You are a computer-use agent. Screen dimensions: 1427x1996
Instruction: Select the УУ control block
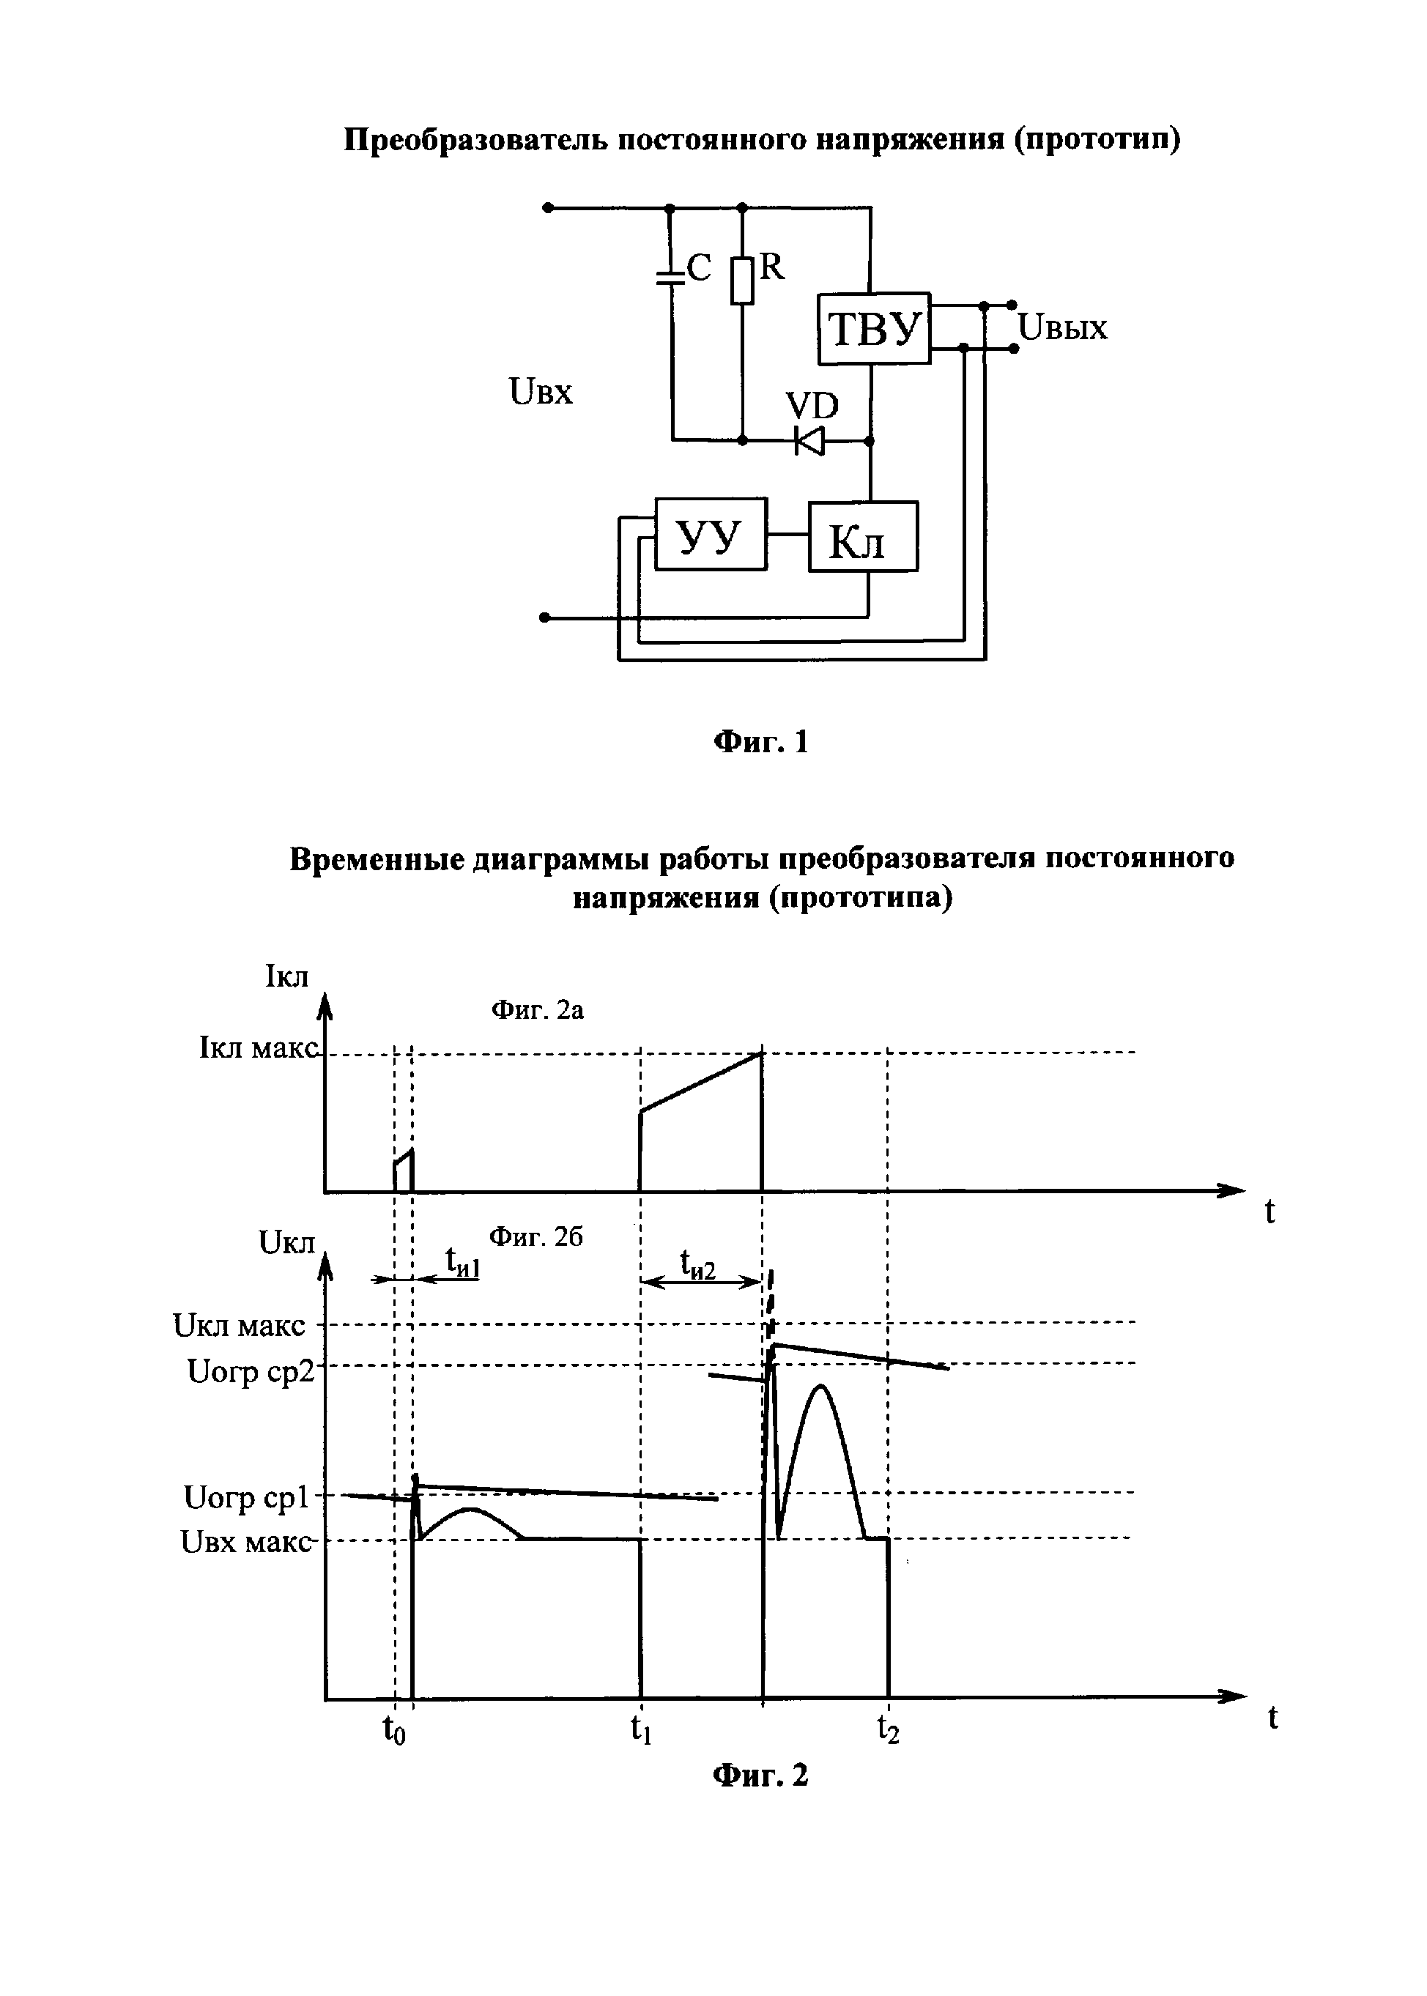point(711,534)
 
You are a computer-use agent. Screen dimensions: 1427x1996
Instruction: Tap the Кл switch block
point(863,537)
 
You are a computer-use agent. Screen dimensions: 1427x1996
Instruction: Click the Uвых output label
point(1063,329)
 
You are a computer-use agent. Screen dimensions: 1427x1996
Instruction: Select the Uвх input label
point(541,391)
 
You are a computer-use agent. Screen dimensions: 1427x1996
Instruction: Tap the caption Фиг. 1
point(761,742)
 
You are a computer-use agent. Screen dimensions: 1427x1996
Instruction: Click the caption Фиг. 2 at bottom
point(761,1776)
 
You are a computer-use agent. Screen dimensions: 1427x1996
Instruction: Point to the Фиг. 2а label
point(537,1010)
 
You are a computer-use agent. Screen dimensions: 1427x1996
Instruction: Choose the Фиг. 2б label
point(536,1237)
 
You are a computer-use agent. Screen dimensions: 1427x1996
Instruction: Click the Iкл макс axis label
point(259,1048)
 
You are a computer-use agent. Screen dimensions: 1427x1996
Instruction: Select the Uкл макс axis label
point(239,1326)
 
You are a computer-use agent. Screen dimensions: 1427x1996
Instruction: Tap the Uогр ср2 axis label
point(251,1372)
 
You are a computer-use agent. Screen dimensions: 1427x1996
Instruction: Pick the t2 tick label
point(889,1729)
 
